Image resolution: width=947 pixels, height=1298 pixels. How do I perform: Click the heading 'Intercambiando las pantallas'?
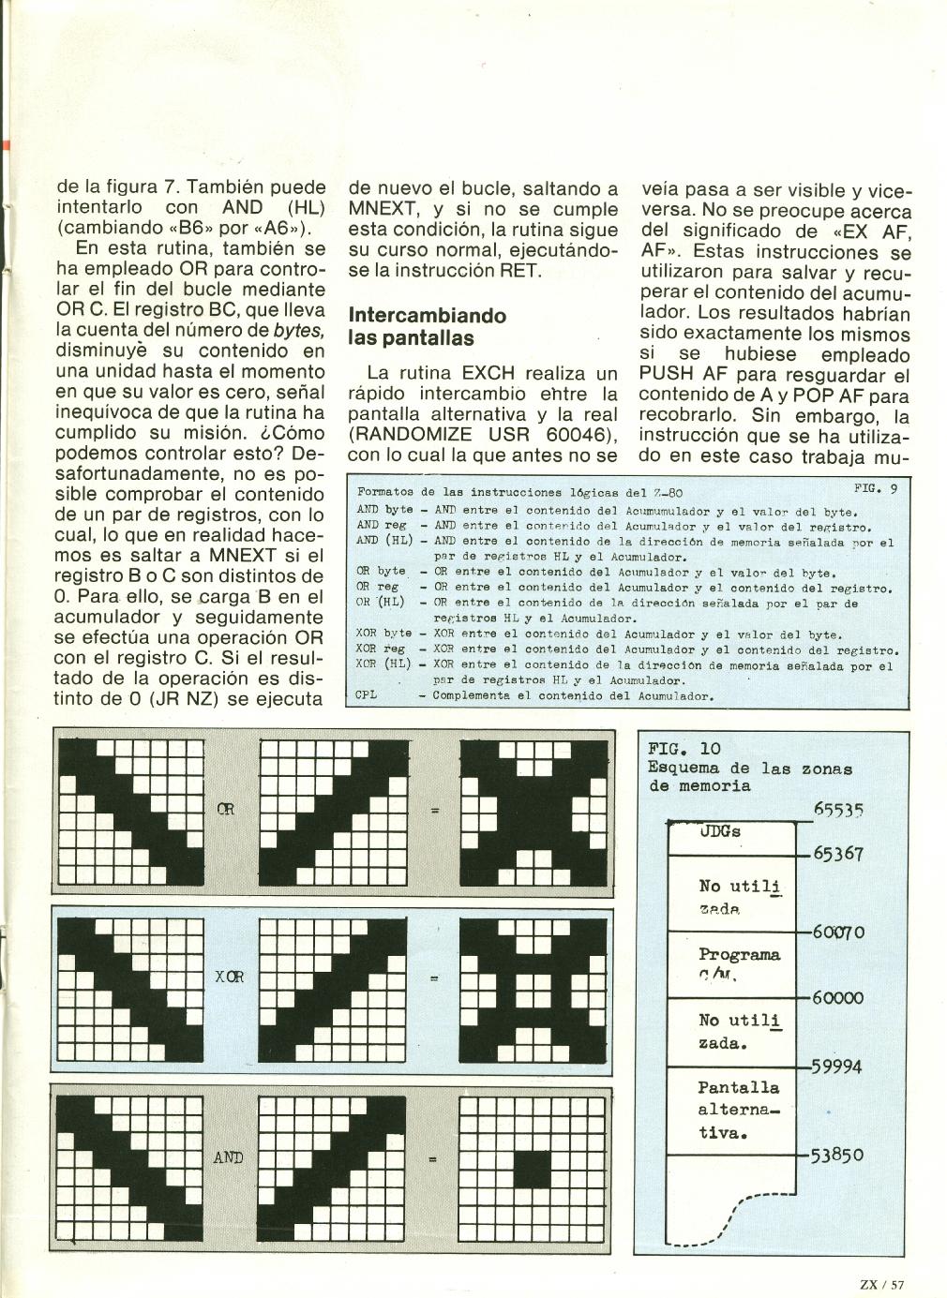coord(427,326)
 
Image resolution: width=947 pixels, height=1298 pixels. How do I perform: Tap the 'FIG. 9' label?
coord(875,488)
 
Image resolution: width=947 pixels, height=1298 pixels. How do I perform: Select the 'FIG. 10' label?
coord(684,748)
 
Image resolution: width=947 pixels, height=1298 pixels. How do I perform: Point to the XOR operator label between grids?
coord(230,976)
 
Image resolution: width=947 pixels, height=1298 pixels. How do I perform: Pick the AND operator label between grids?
coord(229,1157)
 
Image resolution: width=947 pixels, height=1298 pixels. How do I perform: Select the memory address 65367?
coord(837,854)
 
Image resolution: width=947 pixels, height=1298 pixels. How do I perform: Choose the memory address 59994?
coord(836,1067)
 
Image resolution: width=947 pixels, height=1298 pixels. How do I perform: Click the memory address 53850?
coord(836,1155)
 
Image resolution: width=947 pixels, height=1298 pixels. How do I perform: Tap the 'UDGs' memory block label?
coord(720,831)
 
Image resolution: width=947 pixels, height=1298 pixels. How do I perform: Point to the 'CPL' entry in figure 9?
coord(367,695)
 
